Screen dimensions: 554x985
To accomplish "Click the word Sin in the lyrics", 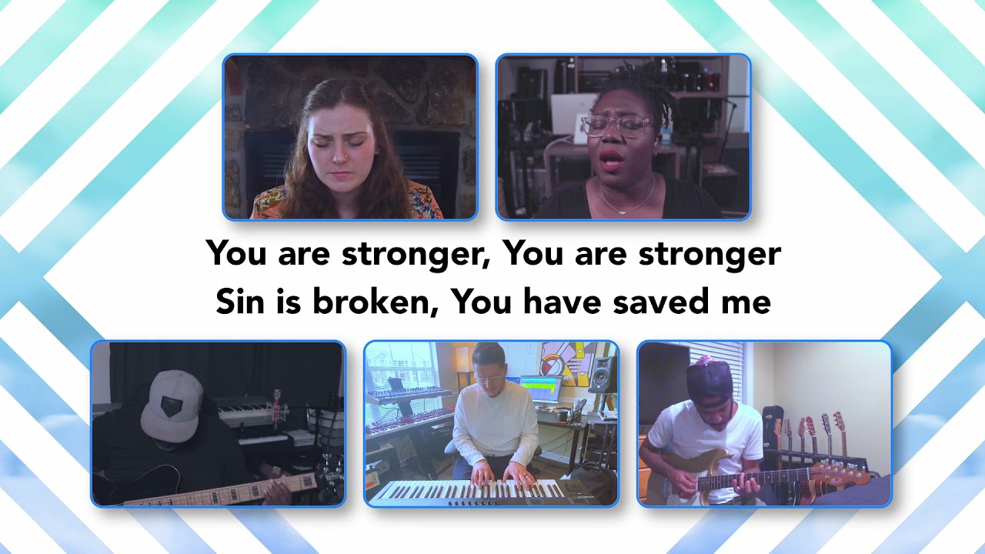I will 239,302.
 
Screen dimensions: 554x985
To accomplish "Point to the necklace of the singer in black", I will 625,202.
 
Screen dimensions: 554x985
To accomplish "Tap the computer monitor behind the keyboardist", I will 540,391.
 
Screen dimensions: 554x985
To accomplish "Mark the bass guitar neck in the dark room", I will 223,491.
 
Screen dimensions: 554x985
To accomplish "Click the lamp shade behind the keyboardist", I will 464,359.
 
